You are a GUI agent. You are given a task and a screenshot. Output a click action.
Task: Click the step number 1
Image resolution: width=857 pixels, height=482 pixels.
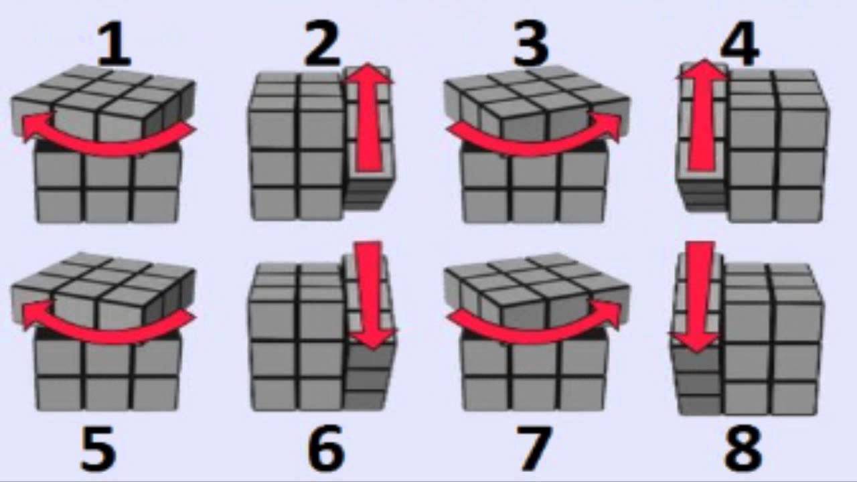click(114, 44)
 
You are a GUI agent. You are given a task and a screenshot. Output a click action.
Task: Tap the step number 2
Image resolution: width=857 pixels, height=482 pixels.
click(322, 44)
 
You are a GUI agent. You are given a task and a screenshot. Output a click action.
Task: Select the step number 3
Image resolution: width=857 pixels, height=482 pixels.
click(531, 44)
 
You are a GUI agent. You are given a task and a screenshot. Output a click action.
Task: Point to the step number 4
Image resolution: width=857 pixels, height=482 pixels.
click(739, 44)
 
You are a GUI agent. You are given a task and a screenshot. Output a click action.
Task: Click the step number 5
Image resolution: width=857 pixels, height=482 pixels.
click(98, 449)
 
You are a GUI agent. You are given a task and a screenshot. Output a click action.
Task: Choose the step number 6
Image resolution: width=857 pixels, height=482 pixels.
click(326, 449)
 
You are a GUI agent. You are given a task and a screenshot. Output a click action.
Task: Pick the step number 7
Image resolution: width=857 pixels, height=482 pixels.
click(534, 449)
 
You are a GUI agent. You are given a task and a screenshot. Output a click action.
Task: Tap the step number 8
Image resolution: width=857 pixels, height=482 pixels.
click(743, 449)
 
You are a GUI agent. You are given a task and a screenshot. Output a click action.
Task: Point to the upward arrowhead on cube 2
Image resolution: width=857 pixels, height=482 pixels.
click(368, 73)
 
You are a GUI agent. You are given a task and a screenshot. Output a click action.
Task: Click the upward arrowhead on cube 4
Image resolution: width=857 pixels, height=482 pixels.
click(703, 70)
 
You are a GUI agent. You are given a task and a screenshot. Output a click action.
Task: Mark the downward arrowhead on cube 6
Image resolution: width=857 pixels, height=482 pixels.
click(374, 339)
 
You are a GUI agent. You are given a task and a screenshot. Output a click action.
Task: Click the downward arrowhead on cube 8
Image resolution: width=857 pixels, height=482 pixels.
click(695, 341)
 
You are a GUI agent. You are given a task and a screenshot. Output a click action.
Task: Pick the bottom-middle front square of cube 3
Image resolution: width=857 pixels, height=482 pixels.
click(536, 205)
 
